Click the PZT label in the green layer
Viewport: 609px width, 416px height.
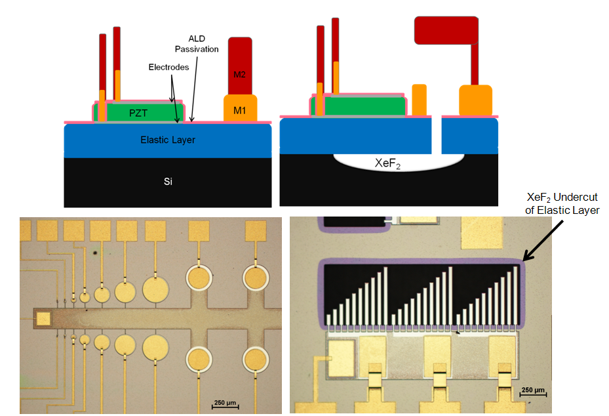pos(137,113)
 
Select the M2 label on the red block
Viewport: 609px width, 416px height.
pos(239,74)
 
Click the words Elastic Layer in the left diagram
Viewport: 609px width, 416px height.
pos(168,140)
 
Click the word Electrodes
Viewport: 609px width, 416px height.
pos(168,67)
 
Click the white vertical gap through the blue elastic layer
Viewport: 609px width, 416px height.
pos(436,135)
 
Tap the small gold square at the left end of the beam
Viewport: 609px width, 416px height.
pos(43,319)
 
